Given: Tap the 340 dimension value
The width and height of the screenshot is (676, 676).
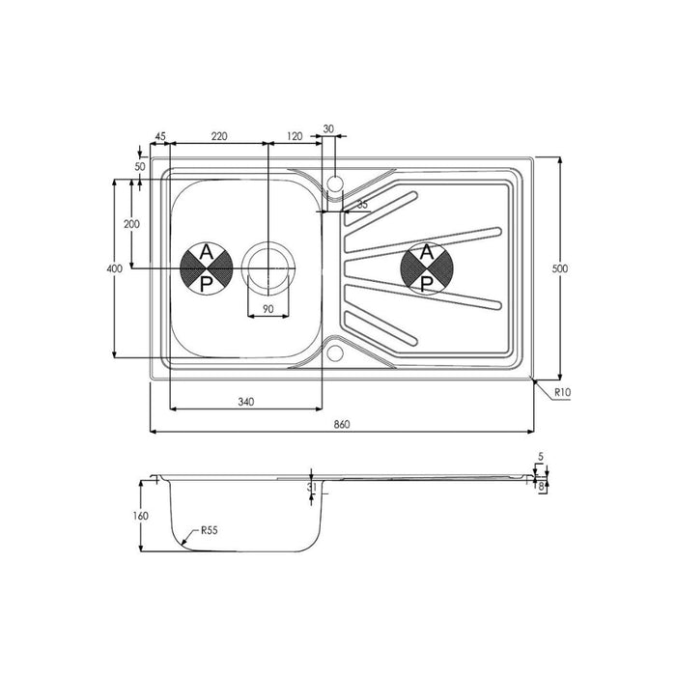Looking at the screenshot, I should tap(244, 401).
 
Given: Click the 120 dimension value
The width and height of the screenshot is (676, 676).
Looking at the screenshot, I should tap(295, 136).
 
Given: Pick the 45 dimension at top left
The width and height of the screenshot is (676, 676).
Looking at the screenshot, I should tap(159, 136).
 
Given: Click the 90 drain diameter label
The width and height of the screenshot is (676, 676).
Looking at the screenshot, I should tap(268, 308).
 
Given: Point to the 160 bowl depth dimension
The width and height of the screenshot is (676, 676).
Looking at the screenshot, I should tap(141, 516).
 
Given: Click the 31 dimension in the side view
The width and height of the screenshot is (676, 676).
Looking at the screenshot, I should tap(311, 488).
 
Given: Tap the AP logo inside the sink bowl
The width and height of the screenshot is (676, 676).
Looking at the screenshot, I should tap(206, 268).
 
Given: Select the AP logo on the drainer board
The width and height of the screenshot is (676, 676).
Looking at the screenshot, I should tap(425, 268).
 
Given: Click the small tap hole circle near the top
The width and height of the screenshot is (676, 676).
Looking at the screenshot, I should tap(334, 182).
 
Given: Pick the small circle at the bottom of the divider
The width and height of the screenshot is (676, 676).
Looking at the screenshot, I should tap(334, 352).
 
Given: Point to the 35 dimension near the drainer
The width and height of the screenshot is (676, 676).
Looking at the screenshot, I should tap(362, 205).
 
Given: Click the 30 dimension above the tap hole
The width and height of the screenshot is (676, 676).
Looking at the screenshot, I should tap(328, 128).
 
